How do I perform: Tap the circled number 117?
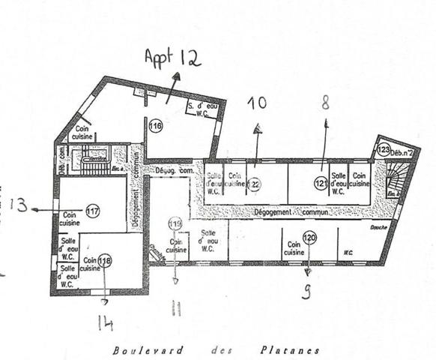(93, 211)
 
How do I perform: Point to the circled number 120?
(310, 238)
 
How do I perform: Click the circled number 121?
(321, 181)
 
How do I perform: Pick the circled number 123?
(384, 149)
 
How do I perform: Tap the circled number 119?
(175, 223)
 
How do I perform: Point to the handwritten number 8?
(325, 103)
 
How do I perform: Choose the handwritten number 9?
(306, 291)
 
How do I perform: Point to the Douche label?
(381, 227)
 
